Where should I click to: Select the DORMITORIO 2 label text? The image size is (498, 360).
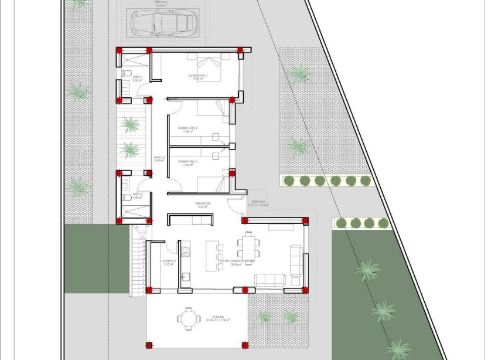point(189,128)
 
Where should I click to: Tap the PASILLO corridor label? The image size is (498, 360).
point(159,158)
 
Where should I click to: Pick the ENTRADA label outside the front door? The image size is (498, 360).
point(258,203)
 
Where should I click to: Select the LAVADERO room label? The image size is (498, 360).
point(169,261)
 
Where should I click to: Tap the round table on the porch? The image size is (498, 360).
point(187,318)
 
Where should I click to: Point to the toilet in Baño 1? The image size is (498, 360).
point(127,74)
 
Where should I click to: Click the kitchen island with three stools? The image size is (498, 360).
point(213,255)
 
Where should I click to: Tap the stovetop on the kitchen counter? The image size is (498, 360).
point(186,252)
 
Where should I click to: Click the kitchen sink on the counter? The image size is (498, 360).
point(186,276)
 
